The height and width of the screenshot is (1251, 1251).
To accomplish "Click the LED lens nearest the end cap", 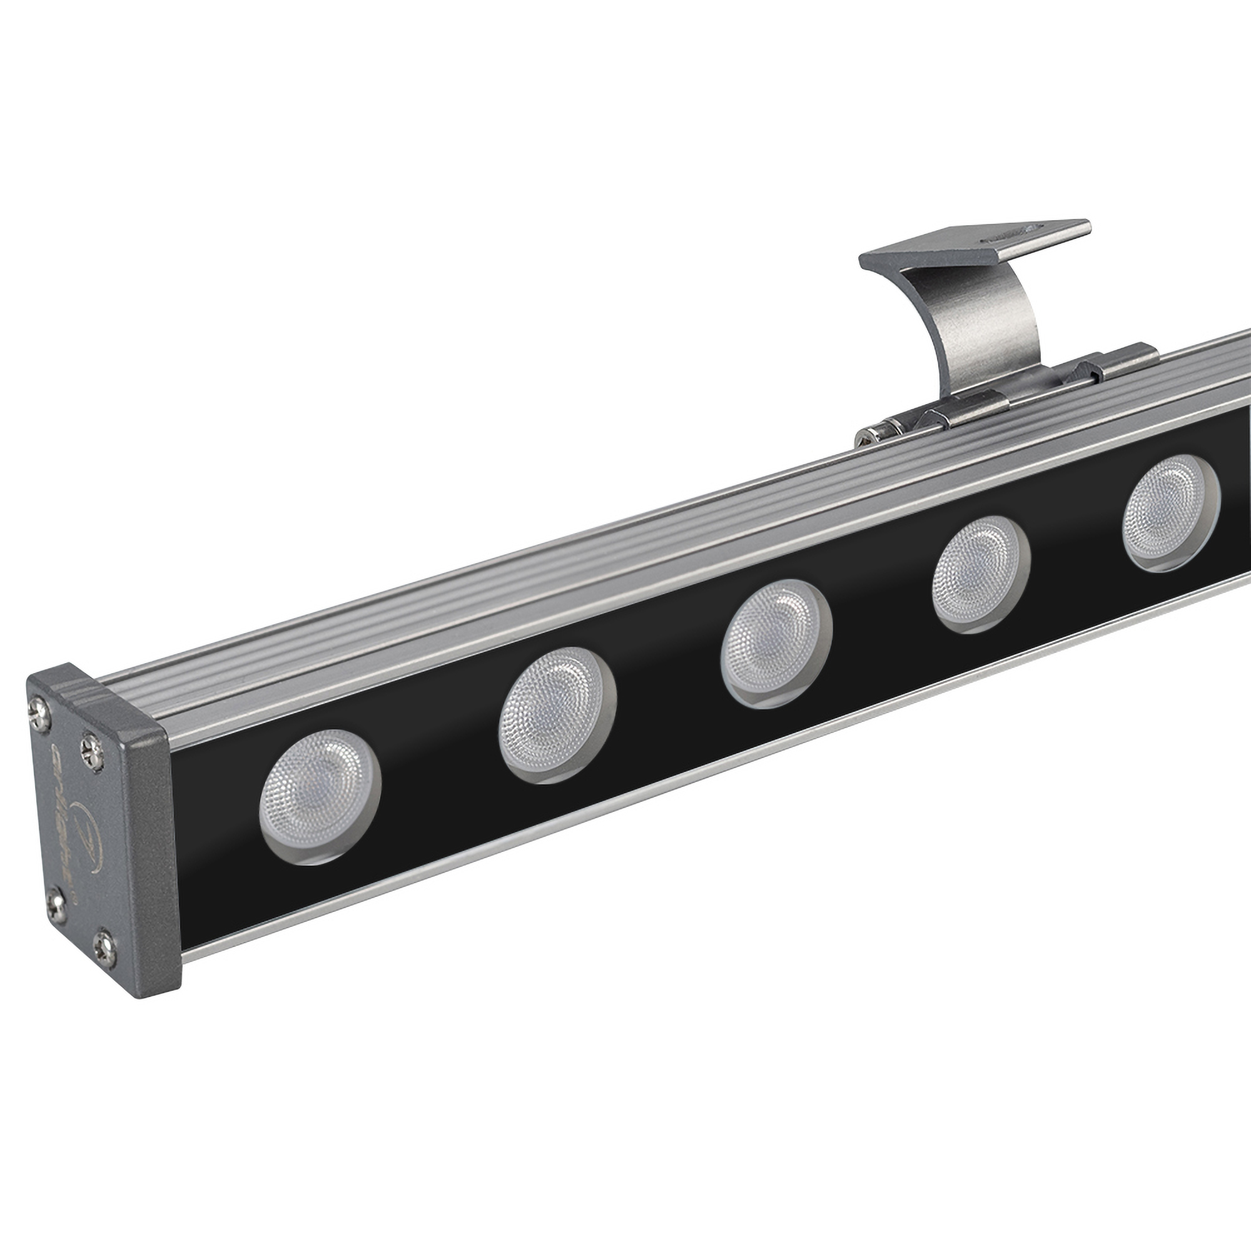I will (319, 796).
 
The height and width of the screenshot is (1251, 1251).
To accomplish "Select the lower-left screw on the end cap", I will (57, 901).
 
